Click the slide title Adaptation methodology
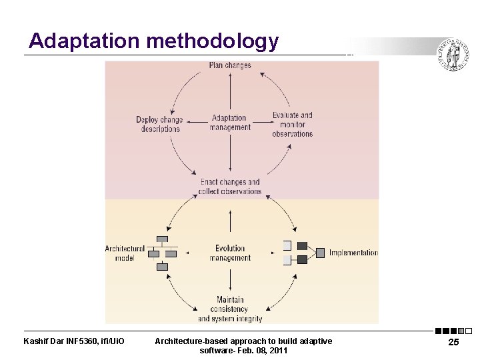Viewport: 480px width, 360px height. [x=153, y=41]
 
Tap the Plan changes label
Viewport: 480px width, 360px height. [x=230, y=65]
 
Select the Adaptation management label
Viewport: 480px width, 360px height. [x=229, y=123]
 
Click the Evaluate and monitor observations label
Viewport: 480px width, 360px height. [x=292, y=125]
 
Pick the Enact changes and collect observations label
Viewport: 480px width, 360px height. [x=230, y=187]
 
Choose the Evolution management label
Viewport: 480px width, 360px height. [x=230, y=253]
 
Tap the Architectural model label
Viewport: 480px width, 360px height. [x=125, y=253]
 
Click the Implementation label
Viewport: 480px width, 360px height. [x=353, y=253]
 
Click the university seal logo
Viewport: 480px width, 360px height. [x=453, y=55]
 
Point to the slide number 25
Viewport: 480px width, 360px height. [x=453, y=343]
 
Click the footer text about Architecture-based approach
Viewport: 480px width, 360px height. [x=243, y=345]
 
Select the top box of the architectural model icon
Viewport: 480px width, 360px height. [x=162, y=239]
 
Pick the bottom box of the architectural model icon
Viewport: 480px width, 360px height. [x=162, y=267]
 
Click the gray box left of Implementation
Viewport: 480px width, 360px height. [x=320, y=253]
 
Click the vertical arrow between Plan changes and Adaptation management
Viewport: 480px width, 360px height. [x=230, y=90]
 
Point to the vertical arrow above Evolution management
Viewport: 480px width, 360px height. [x=230, y=222]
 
